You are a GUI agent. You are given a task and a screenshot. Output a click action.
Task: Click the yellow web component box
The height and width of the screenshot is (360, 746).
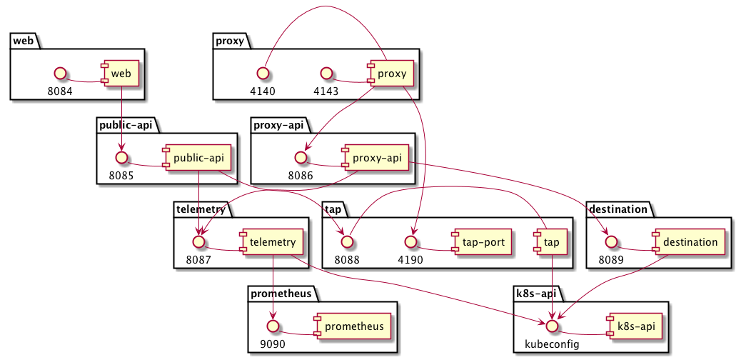(x=121, y=73)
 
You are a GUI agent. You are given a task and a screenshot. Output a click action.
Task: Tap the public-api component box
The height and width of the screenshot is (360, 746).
(x=192, y=157)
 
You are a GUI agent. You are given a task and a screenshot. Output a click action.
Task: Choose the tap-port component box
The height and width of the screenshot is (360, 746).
(x=478, y=242)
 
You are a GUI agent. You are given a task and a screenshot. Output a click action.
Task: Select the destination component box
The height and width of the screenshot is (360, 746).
(x=687, y=242)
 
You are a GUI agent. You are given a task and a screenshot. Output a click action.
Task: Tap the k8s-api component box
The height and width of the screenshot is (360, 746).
(x=632, y=326)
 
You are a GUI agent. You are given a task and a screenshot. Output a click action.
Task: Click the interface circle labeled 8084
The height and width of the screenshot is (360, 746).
(x=61, y=73)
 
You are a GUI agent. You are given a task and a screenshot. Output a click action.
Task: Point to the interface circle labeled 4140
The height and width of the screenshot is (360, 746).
(x=263, y=73)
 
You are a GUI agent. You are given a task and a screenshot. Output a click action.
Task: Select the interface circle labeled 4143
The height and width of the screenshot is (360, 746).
(x=327, y=73)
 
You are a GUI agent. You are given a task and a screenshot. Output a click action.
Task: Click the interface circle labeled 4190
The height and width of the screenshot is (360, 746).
(x=410, y=242)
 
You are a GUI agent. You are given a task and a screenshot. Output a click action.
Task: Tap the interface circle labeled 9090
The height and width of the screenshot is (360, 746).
(x=272, y=326)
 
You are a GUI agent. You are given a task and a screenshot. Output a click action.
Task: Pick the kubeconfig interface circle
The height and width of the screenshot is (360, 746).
(x=551, y=326)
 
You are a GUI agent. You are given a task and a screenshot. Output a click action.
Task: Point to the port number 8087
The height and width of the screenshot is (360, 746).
(x=200, y=260)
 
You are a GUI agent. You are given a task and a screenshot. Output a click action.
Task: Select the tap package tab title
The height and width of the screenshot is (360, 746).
(x=333, y=209)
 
